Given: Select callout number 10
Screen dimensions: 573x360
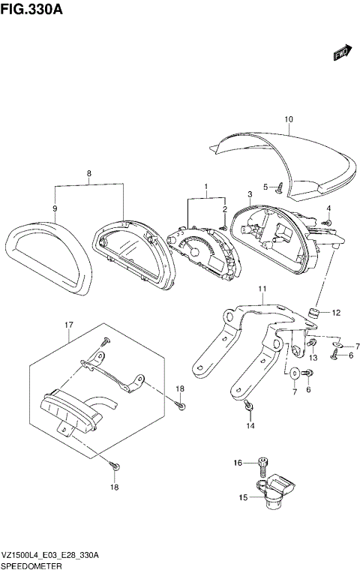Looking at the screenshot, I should pos(289,119).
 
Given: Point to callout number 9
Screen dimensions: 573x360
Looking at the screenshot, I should pos(55,208).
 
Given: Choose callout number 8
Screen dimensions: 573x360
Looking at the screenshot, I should pos(89,173).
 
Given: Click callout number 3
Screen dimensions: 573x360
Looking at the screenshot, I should pos(250,194).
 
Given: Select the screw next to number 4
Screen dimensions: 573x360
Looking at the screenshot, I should pos(327,222).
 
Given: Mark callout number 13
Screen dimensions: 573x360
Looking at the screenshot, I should pos(313,358).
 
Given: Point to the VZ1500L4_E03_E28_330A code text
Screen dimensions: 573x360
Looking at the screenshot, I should pos(51,554).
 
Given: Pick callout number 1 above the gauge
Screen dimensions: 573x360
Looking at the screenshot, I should pos(205,185).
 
